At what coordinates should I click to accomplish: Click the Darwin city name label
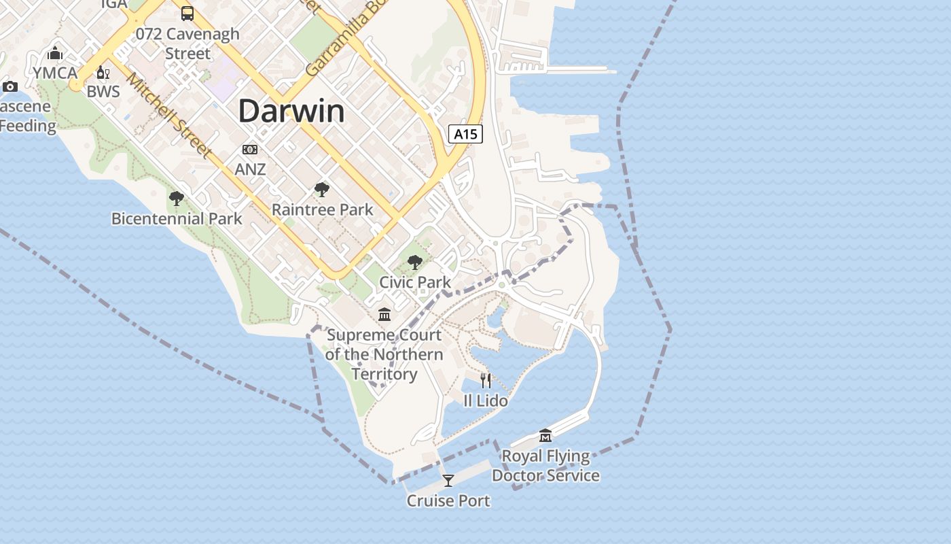[291, 111]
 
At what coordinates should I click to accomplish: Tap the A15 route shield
[465, 134]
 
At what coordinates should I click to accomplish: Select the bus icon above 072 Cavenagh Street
[187, 13]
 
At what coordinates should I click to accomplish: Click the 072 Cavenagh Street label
[187, 43]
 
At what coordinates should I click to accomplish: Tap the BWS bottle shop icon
[103, 73]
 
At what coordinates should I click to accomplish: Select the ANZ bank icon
[250, 150]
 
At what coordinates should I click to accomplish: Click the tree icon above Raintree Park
[322, 190]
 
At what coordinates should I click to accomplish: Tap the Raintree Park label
[322, 209]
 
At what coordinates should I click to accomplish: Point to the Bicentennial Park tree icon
[177, 199]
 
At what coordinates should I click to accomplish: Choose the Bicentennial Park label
[177, 218]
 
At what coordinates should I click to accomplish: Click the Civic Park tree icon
[414, 262]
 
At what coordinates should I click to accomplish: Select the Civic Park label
[414, 282]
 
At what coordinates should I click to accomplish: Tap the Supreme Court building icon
[384, 314]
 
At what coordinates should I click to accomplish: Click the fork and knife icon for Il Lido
[486, 380]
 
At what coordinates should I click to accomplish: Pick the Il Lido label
[486, 401]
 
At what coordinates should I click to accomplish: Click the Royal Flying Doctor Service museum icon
[545, 435]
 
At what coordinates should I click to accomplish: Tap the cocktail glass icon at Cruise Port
[448, 481]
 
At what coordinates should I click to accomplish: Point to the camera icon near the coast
[10, 86]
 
